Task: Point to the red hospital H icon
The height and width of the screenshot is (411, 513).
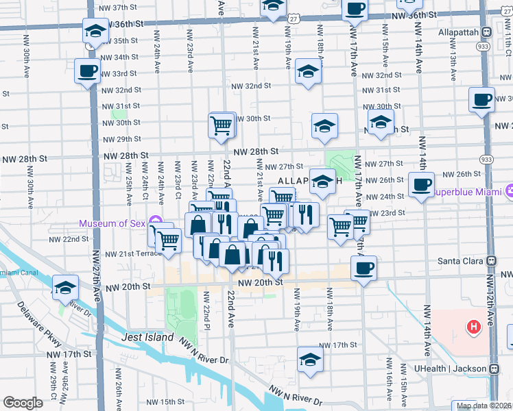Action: [473, 327]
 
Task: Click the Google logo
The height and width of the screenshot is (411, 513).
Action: [23, 403]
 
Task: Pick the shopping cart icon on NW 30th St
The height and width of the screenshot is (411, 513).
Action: [222, 125]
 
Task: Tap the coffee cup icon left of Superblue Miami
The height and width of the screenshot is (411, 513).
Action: [420, 183]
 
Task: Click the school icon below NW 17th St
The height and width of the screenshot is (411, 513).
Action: [309, 359]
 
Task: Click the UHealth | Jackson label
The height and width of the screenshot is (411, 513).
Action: [452, 369]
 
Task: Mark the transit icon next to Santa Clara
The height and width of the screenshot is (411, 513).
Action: [492, 261]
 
